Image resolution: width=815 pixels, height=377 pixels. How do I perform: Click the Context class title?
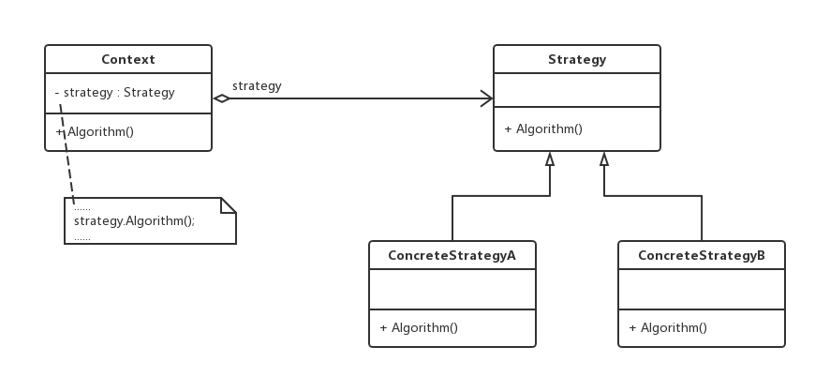127,59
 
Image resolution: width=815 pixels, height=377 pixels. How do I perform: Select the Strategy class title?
577,59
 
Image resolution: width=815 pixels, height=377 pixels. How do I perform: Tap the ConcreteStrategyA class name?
452,255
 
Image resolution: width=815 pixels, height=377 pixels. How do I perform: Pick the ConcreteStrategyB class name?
702,255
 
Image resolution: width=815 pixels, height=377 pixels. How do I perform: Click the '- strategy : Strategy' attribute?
115,93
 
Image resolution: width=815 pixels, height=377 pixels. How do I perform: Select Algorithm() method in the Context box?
96,131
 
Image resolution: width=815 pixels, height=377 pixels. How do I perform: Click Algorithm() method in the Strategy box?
543,129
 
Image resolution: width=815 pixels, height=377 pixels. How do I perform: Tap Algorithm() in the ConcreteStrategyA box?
419,327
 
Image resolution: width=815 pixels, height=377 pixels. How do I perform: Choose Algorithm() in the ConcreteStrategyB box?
669,327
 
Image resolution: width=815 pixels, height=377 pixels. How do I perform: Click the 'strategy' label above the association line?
257,86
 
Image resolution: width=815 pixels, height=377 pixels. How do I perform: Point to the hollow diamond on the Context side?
221,98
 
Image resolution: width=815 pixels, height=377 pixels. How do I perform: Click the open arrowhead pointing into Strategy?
487,98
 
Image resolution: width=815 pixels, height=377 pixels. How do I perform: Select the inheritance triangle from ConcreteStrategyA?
550,158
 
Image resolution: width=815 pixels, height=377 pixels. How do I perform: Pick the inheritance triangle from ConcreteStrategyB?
604,158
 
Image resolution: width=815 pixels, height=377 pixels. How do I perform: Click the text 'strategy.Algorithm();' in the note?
135,221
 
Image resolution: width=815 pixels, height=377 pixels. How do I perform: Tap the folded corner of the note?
229,204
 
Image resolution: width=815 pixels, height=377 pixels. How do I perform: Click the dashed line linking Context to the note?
67,155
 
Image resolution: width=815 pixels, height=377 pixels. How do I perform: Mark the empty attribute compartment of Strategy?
577,90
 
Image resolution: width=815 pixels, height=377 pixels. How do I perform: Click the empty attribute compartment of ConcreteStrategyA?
452,289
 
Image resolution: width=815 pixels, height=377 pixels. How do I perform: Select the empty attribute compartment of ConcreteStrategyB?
702,289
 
